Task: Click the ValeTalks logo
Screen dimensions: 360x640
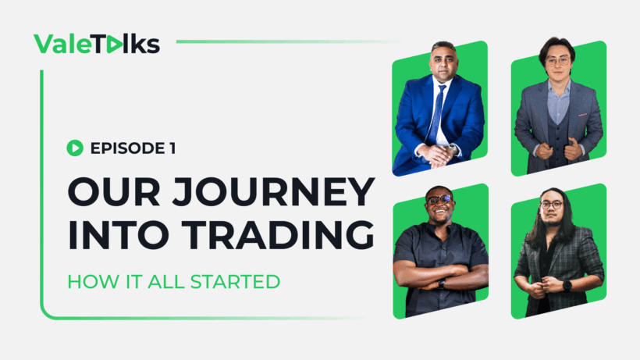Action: tap(97, 43)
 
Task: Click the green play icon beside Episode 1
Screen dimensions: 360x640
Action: tap(75, 146)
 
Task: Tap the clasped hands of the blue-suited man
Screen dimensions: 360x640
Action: tap(439, 154)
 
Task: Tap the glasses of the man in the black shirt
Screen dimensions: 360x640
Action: tap(439, 201)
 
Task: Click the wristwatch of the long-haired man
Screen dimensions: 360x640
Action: tap(567, 285)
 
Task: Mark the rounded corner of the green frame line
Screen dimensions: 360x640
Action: tap(47, 312)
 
